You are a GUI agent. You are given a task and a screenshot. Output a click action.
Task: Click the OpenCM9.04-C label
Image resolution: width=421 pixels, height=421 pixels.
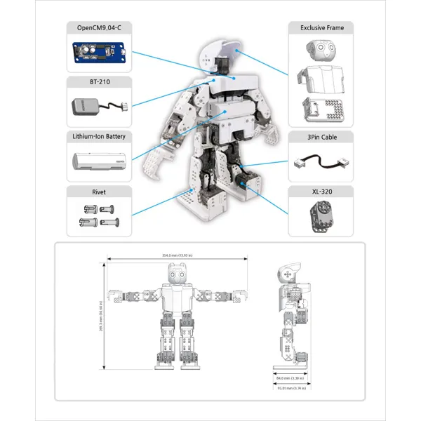click(99, 28)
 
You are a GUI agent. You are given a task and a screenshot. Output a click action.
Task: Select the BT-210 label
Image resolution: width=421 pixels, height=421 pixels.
click(99, 82)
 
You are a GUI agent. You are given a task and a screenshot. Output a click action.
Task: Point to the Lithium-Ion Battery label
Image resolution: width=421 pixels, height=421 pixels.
click(99, 136)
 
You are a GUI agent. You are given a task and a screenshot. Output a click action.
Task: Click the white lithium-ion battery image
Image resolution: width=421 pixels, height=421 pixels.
click(99, 161)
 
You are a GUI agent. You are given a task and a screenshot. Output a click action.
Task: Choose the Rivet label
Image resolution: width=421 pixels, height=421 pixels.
click(99, 191)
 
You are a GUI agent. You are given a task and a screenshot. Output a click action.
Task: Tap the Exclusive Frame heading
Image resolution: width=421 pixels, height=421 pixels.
click(321, 28)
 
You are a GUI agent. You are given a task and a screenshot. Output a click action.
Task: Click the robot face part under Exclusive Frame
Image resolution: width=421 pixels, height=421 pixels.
click(320, 51)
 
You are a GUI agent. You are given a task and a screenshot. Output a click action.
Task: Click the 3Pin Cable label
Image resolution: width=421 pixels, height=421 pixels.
click(321, 138)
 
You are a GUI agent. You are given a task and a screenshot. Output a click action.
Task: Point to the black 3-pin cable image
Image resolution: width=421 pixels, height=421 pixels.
click(321, 161)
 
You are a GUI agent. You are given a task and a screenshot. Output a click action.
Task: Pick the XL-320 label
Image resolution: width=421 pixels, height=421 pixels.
click(321, 191)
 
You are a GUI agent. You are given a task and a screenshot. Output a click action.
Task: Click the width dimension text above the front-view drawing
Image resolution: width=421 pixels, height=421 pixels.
click(177, 255)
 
